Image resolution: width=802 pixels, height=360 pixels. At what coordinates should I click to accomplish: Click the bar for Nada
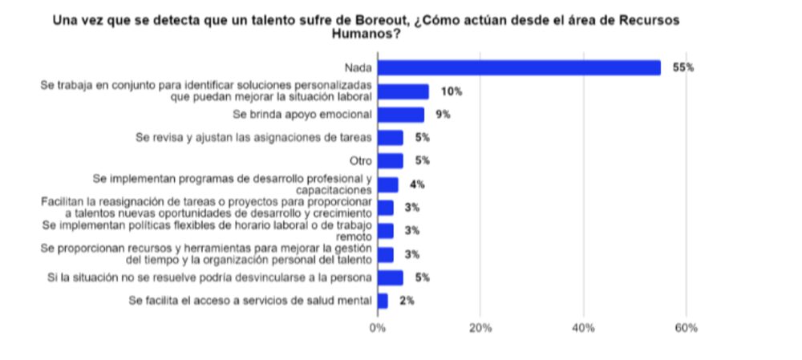[519, 68]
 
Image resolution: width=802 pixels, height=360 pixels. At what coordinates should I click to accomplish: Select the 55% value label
[684, 68]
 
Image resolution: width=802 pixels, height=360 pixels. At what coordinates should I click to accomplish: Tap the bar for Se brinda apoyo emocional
[401, 115]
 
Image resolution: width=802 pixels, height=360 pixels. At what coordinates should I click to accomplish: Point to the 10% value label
[452, 91]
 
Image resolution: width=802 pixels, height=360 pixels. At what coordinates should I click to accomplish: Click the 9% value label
[443, 115]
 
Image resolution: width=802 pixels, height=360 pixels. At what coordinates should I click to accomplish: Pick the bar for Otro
[391, 161]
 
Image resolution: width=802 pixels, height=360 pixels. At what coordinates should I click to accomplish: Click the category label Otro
[360, 161]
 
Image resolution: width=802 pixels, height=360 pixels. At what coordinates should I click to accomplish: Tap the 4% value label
[417, 184]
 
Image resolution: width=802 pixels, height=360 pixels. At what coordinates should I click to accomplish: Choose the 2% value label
[407, 301]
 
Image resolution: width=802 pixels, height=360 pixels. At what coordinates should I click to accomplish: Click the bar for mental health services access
[383, 301]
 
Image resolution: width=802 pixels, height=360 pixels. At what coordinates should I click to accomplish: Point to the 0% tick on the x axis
[377, 329]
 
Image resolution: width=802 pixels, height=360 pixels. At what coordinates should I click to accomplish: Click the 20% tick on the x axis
[480, 329]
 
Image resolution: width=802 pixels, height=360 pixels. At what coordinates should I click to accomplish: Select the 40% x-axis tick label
[583, 329]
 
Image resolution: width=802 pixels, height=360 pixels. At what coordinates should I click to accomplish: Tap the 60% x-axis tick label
[687, 329]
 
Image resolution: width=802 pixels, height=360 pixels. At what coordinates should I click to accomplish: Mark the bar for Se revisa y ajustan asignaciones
[391, 138]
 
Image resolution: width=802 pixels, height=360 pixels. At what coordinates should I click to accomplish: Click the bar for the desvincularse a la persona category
[391, 277]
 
